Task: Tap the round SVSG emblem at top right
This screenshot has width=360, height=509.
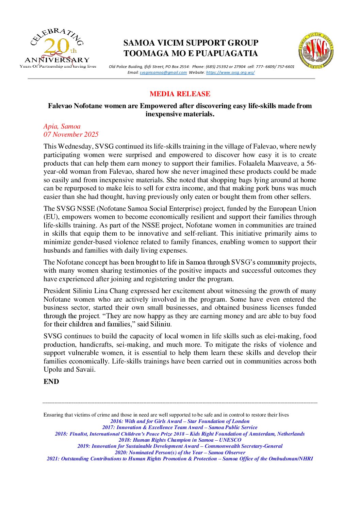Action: click(x=316, y=50)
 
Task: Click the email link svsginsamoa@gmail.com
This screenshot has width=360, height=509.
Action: click(x=163, y=72)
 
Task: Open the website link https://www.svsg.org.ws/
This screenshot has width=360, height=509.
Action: click(x=230, y=72)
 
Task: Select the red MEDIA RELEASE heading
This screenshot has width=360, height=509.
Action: click(x=180, y=94)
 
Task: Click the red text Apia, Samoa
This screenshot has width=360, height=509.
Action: click(x=62, y=126)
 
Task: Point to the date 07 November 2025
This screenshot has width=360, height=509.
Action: click(x=71, y=134)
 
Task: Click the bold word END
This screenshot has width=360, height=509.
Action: click(x=51, y=381)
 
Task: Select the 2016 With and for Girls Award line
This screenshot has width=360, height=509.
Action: click(x=180, y=421)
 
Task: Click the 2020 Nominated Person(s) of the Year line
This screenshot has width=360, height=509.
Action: click(x=180, y=453)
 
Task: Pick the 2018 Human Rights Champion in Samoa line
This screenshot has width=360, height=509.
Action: click(x=180, y=440)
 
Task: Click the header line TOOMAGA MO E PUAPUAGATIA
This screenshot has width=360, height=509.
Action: click(x=191, y=53)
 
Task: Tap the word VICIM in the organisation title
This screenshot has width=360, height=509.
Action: click(x=168, y=43)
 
